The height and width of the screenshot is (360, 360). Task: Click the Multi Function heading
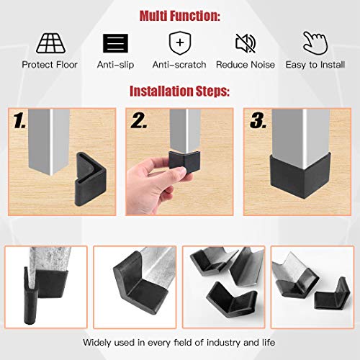180,15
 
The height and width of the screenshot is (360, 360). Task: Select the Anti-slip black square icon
114,42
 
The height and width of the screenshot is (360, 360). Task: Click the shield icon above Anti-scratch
180,42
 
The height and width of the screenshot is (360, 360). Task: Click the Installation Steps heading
180,91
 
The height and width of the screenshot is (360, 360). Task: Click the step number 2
140,122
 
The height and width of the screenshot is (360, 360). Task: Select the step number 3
257,122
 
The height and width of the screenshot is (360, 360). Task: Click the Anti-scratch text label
180,65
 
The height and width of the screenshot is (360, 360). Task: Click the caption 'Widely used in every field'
180,342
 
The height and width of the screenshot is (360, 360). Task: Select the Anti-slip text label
114,65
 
